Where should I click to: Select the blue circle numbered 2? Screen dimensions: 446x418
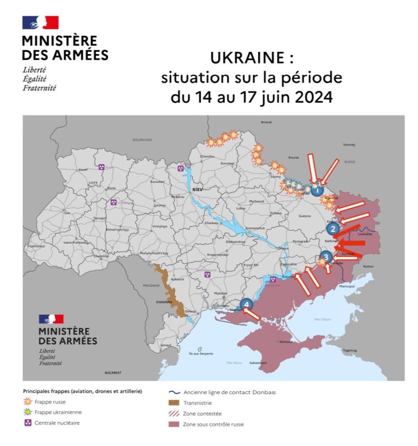pyautogui.click(x=333, y=228)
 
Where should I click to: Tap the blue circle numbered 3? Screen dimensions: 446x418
pyautogui.click(x=327, y=256)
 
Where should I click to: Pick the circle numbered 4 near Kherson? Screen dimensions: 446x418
pyautogui.click(x=247, y=304)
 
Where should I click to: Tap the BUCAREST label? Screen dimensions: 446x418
pyautogui.click(x=113, y=372)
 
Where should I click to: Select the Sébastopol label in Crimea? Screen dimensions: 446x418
pyautogui.click(x=258, y=363)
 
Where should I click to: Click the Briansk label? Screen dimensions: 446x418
pyautogui.click(x=268, y=122)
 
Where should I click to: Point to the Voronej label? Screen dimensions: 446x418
pyautogui.click(x=349, y=144)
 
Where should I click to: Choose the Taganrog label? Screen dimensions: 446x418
pyautogui.click(x=350, y=351)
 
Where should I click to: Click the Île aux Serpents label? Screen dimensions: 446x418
pyautogui.click(x=201, y=353)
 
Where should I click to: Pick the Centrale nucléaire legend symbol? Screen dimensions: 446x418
pyautogui.click(x=27, y=423)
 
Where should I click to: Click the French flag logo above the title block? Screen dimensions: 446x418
pyautogui.click(x=40, y=23)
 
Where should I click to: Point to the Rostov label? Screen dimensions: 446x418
pyautogui.click(x=368, y=267)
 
